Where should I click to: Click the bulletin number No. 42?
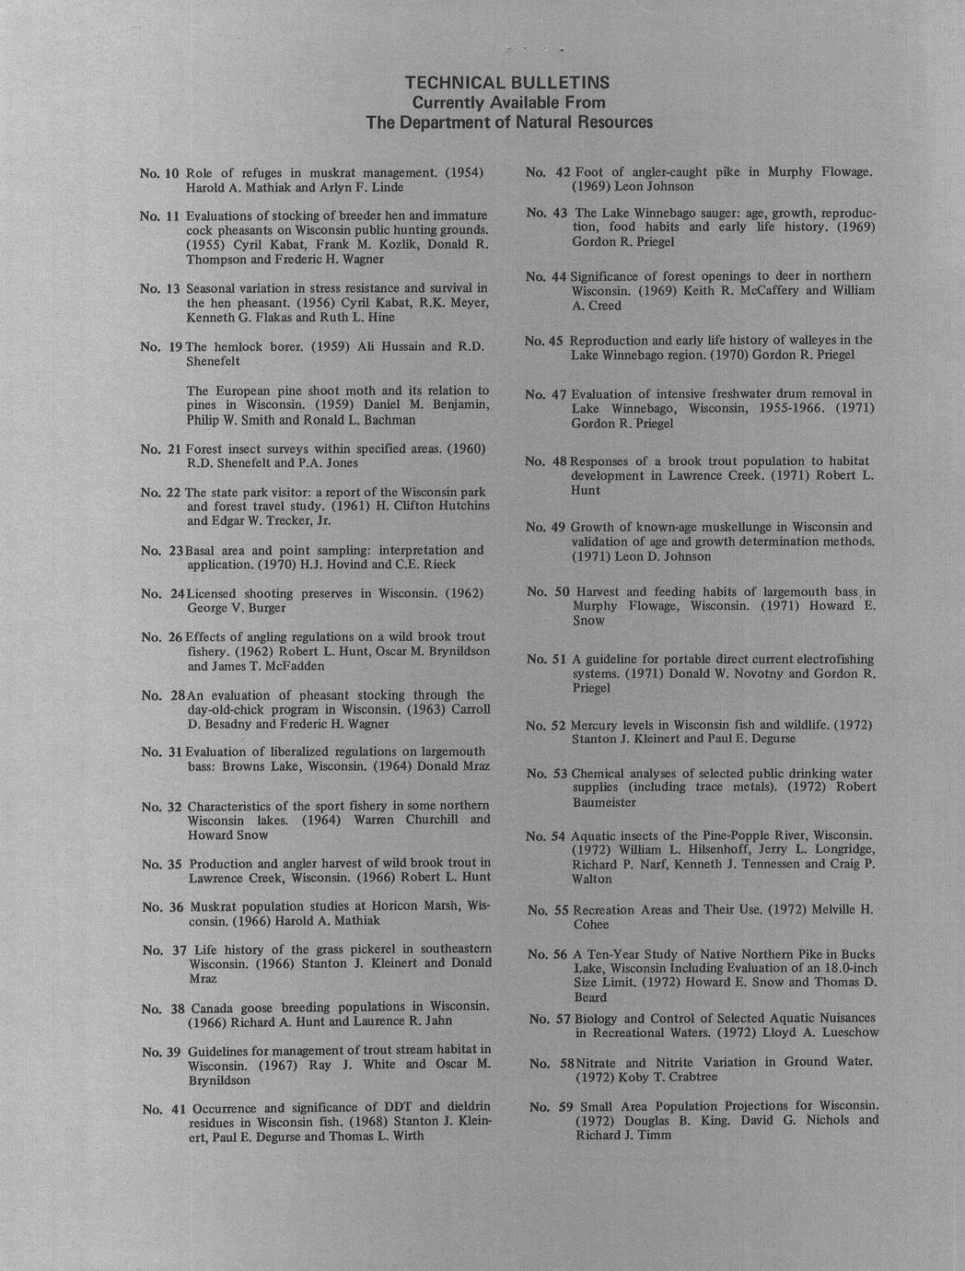pos(547,171)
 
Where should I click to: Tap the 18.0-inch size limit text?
pos(842,969)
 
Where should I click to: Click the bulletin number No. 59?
pos(551,1106)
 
